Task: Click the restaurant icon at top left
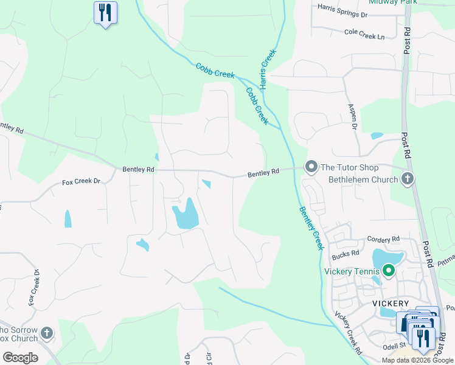[x=105, y=12]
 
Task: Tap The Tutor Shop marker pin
[x=311, y=166]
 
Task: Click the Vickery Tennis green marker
[x=388, y=271]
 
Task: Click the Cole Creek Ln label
[x=365, y=34]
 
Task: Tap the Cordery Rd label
[x=383, y=240]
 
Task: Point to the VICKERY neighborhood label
[x=391, y=303]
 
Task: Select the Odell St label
[x=394, y=346]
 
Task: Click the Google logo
[x=20, y=357]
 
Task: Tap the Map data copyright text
[x=417, y=360]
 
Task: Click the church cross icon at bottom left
[x=47, y=333]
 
